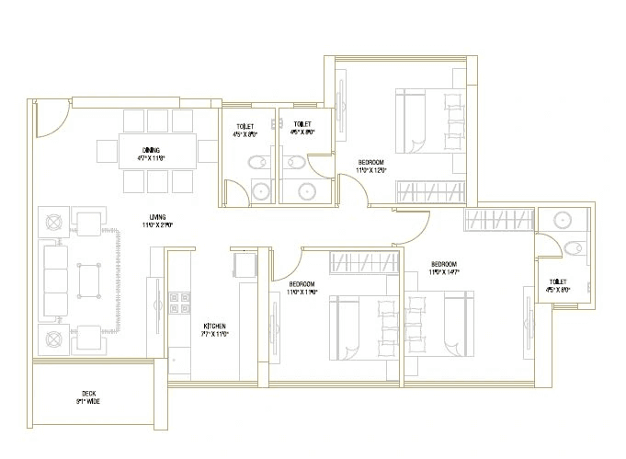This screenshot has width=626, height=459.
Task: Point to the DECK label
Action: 88,396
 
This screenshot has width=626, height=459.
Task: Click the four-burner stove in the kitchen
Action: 177,304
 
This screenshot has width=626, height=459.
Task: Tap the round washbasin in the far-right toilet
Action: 561,221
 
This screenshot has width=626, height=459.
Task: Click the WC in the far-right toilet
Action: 574,247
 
